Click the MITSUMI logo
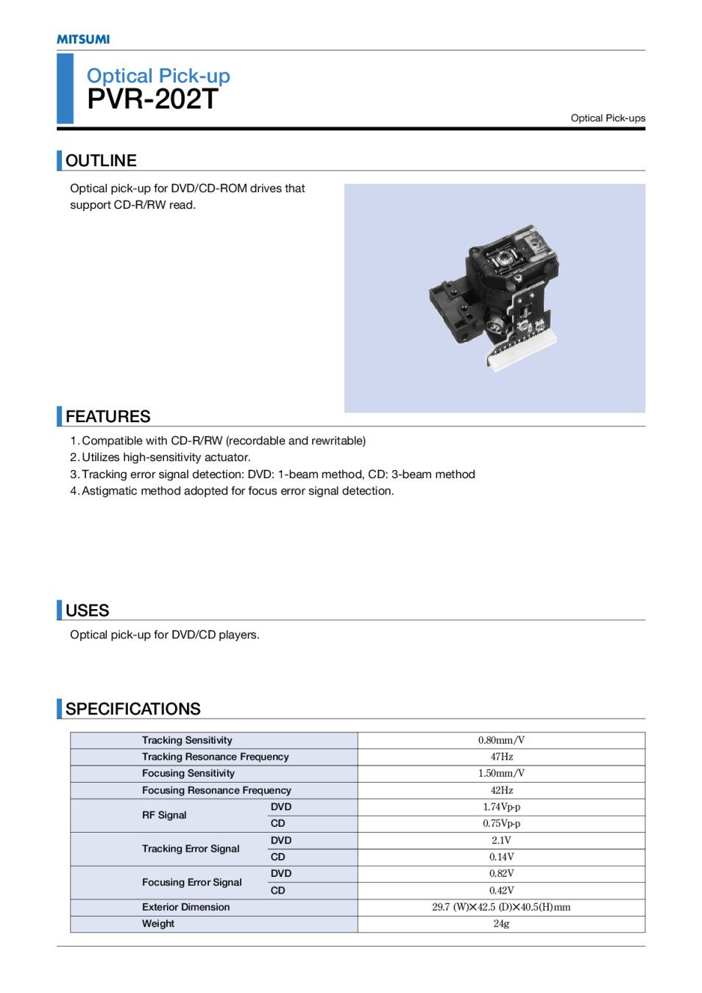pos(83,39)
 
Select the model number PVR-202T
pos(152,99)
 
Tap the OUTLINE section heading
pos(101,160)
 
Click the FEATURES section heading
pos(107,416)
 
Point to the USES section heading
pos(87,611)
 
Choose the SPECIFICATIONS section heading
pos(132,709)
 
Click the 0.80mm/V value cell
pos(501,741)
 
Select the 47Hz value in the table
pos(501,757)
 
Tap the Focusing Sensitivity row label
pos(188,774)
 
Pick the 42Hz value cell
pos(501,791)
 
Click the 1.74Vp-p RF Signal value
pos(501,807)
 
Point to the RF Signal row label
pos(164,815)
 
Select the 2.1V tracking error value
pos(501,840)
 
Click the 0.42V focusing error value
pos(501,890)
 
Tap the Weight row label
pos(158,924)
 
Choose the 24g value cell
pos(501,924)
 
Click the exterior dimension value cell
pos(501,907)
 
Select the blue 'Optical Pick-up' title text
pos(158,76)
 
